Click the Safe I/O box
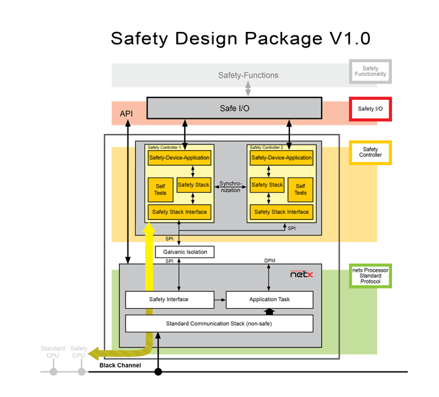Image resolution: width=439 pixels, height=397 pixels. point(234,108)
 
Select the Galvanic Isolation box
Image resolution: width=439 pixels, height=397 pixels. point(184,252)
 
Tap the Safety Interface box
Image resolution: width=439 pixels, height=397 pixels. point(169,300)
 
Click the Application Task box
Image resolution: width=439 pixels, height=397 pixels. point(269,300)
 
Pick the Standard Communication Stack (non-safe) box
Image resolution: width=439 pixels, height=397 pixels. point(219,323)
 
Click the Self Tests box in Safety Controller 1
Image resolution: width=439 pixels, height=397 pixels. point(160,189)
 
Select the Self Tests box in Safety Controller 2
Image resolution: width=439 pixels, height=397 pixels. point(301,189)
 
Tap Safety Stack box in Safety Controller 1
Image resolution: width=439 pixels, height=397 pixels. point(193,185)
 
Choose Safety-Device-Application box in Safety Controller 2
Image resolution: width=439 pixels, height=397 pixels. point(282,158)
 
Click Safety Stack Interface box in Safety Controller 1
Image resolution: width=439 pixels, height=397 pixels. point(180,212)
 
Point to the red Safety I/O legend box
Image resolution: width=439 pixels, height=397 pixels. point(370,108)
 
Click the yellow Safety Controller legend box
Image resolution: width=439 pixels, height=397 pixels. point(370,153)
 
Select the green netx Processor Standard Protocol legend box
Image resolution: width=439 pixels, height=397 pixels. point(370,277)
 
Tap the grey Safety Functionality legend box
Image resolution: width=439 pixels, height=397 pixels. point(370,71)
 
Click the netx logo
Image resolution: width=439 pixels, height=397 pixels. point(301,274)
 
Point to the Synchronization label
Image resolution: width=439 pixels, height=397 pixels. point(230,187)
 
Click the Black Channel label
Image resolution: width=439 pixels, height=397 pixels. point(120,365)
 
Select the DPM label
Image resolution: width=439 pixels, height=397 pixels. point(269,261)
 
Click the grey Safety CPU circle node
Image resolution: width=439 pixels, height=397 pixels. point(81,372)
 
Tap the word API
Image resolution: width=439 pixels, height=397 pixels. point(127,114)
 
